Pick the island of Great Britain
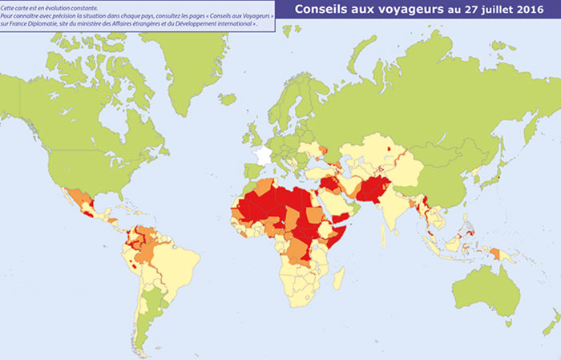(x=255, y=131)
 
